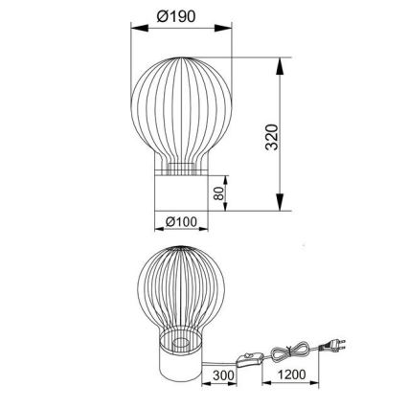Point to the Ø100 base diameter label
tap(181, 222)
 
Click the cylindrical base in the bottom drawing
tap(179, 368)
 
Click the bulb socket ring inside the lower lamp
tap(179, 342)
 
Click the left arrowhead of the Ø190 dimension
tap(132, 30)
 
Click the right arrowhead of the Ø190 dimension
tap(228, 30)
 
